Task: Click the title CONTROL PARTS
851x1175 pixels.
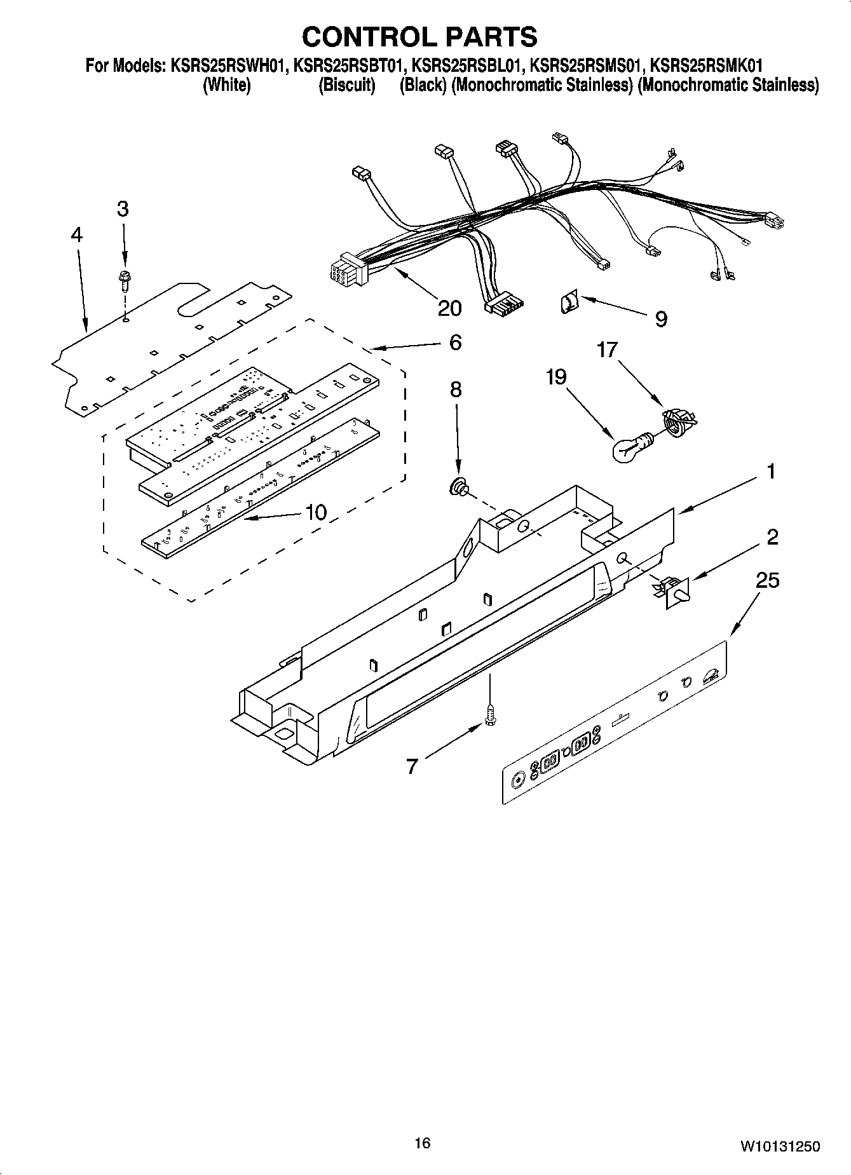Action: click(x=419, y=37)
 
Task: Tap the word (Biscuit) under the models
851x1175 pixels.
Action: click(x=346, y=85)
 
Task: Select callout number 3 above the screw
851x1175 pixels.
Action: click(x=123, y=208)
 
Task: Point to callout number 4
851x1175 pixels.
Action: click(x=76, y=235)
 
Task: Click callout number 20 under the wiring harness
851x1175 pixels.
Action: click(x=449, y=308)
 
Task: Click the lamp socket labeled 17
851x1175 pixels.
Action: click(x=679, y=421)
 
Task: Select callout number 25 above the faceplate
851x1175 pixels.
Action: click(x=768, y=580)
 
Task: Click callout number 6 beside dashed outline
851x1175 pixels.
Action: click(x=455, y=343)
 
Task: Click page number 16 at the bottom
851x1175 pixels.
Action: click(x=422, y=1143)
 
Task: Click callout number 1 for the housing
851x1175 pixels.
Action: click(x=771, y=472)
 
